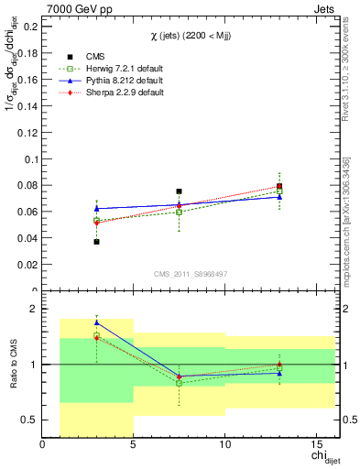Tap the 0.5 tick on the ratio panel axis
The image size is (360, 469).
[x=30, y=420]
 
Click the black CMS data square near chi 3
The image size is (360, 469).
[x=96, y=242]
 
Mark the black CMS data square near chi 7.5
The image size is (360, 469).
[x=179, y=191]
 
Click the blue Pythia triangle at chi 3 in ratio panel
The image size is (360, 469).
[x=96, y=322]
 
